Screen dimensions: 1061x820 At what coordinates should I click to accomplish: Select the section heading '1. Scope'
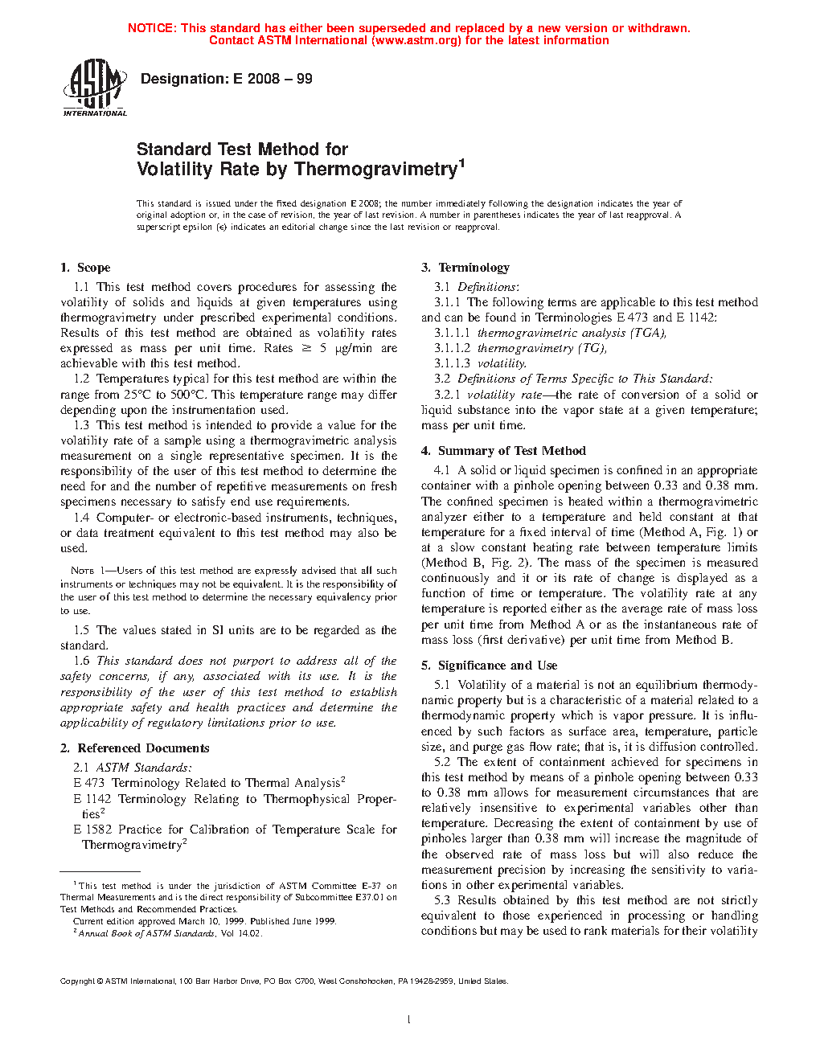coord(85,268)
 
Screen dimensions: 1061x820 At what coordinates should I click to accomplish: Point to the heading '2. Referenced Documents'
coord(134,748)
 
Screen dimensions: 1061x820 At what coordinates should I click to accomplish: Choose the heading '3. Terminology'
coord(465,268)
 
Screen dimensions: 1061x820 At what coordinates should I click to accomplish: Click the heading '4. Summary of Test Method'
coord(503,451)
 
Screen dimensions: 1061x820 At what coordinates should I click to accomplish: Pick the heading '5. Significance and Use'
coord(489,666)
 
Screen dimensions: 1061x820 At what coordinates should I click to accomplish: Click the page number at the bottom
coord(409,1020)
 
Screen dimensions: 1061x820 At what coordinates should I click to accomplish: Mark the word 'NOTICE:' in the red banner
coord(152,28)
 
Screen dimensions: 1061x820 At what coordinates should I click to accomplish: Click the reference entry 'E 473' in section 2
coord(89,783)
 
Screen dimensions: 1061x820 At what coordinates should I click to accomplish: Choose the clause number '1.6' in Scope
coord(81,661)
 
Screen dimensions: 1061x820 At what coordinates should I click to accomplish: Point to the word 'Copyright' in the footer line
coord(78,981)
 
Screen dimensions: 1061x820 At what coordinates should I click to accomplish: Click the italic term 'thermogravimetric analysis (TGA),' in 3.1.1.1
coord(572,333)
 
